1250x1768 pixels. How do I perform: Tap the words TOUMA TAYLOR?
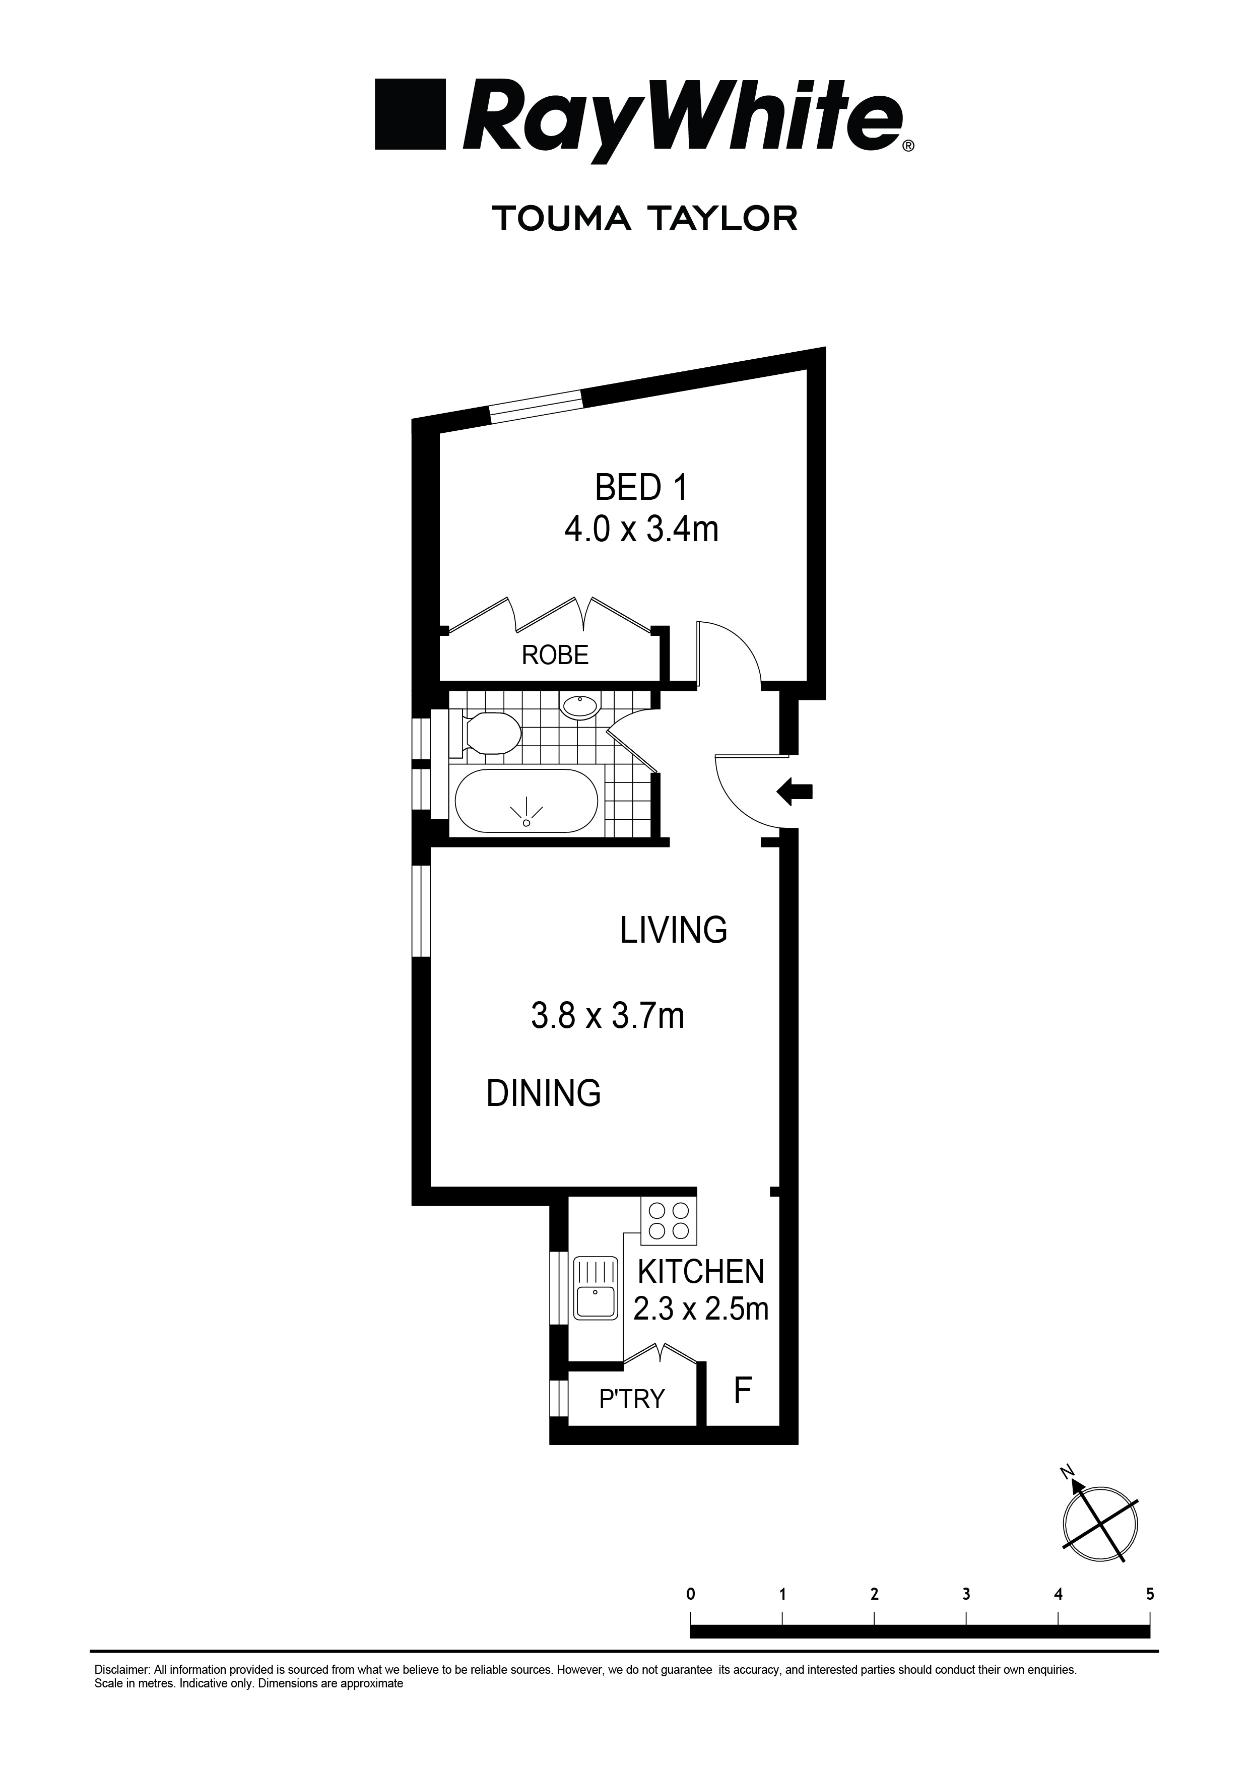tap(644, 219)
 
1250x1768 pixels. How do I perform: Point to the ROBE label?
tap(555, 656)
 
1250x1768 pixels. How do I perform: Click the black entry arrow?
tap(794, 791)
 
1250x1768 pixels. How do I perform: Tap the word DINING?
tap(544, 1093)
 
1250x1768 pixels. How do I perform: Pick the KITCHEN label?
tap(700, 1272)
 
